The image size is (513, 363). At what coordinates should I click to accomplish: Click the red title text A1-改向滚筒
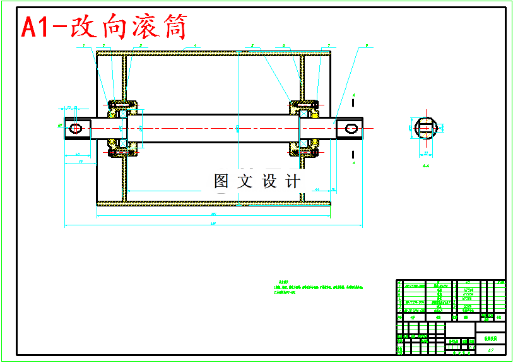coord(104,27)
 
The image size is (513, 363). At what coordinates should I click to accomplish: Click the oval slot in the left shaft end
coord(76,128)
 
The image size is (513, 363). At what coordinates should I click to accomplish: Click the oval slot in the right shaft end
coord(351,129)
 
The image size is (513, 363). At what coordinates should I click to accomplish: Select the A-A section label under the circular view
coord(426,167)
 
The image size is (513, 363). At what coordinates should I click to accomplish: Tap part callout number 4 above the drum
coord(196,45)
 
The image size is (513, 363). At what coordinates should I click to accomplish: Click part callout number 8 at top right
coord(367,45)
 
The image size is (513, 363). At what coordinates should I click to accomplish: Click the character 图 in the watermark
coord(221,182)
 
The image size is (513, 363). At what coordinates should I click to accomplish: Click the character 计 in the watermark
coord(293,182)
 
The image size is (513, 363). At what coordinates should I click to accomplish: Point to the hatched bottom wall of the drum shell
coord(215,203)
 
